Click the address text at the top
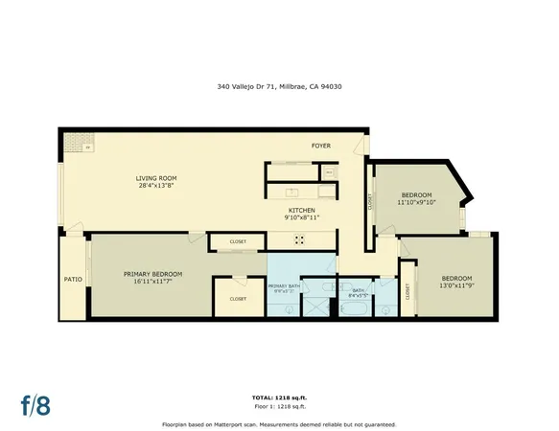pos(279,86)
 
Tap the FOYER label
pos(320,146)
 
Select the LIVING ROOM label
pos(154,178)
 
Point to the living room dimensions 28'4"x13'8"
pos(154,186)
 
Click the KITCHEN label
pos(303,210)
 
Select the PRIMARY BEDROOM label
pos(152,274)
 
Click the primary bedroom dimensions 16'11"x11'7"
pos(152,282)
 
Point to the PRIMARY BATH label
pos(284,285)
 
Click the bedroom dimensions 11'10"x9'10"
pos(416,202)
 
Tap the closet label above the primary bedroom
pos(237,241)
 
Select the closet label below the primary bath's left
pos(238,299)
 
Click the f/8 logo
pos(36,404)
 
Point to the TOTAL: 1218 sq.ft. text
pos(279,397)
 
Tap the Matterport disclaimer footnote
pos(279,422)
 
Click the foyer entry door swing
pos(360,146)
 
